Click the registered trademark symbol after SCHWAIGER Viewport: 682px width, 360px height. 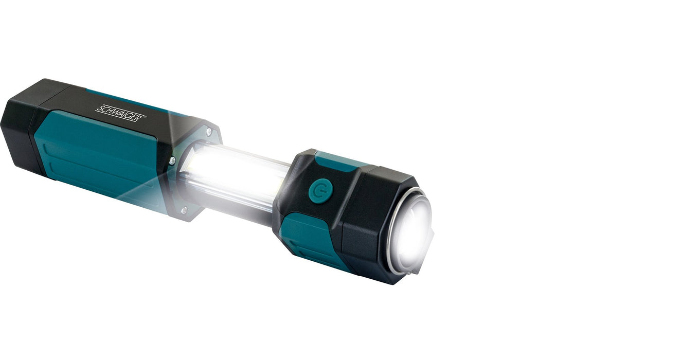click(x=146, y=116)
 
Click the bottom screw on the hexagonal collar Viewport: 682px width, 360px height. click(x=184, y=210)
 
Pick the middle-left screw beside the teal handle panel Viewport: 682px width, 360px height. click(x=172, y=160)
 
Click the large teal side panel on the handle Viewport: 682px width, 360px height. click(x=93, y=154)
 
